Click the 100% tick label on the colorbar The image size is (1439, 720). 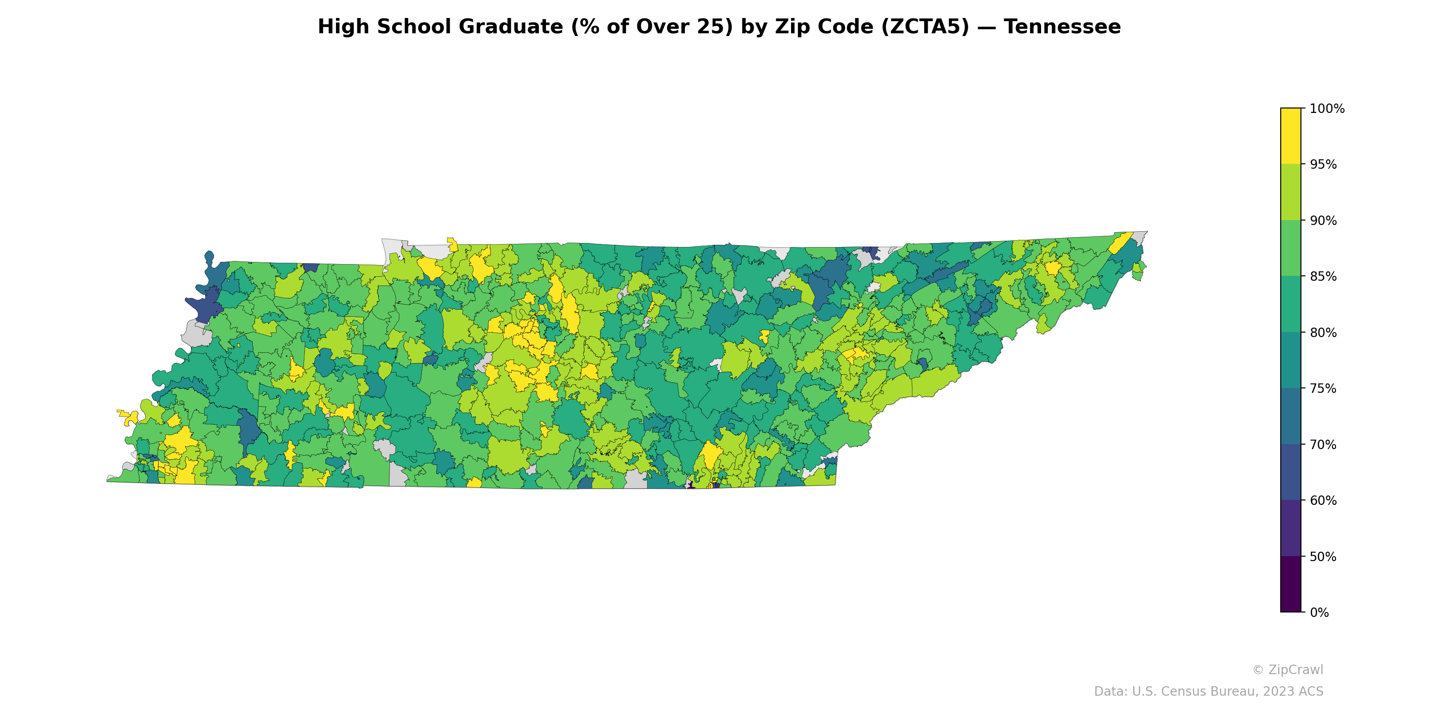[1327, 108]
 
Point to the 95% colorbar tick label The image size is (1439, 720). [1323, 164]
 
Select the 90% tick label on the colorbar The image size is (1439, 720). [1323, 220]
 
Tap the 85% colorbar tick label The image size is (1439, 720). [1323, 276]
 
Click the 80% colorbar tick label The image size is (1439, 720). [1323, 333]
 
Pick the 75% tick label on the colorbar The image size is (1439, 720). [1323, 388]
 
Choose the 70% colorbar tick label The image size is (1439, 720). [1323, 445]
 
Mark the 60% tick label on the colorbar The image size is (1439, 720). [1323, 500]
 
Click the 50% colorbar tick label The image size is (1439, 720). [1323, 557]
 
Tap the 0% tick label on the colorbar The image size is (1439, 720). [1319, 612]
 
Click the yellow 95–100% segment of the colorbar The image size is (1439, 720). [1291, 136]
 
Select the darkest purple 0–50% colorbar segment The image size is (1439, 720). [1291, 584]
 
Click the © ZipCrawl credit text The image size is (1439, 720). [1287, 670]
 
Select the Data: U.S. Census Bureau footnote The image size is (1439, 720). [1208, 692]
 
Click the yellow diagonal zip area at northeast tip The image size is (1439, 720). [1120, 243]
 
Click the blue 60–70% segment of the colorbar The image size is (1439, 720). [1291, 472]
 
